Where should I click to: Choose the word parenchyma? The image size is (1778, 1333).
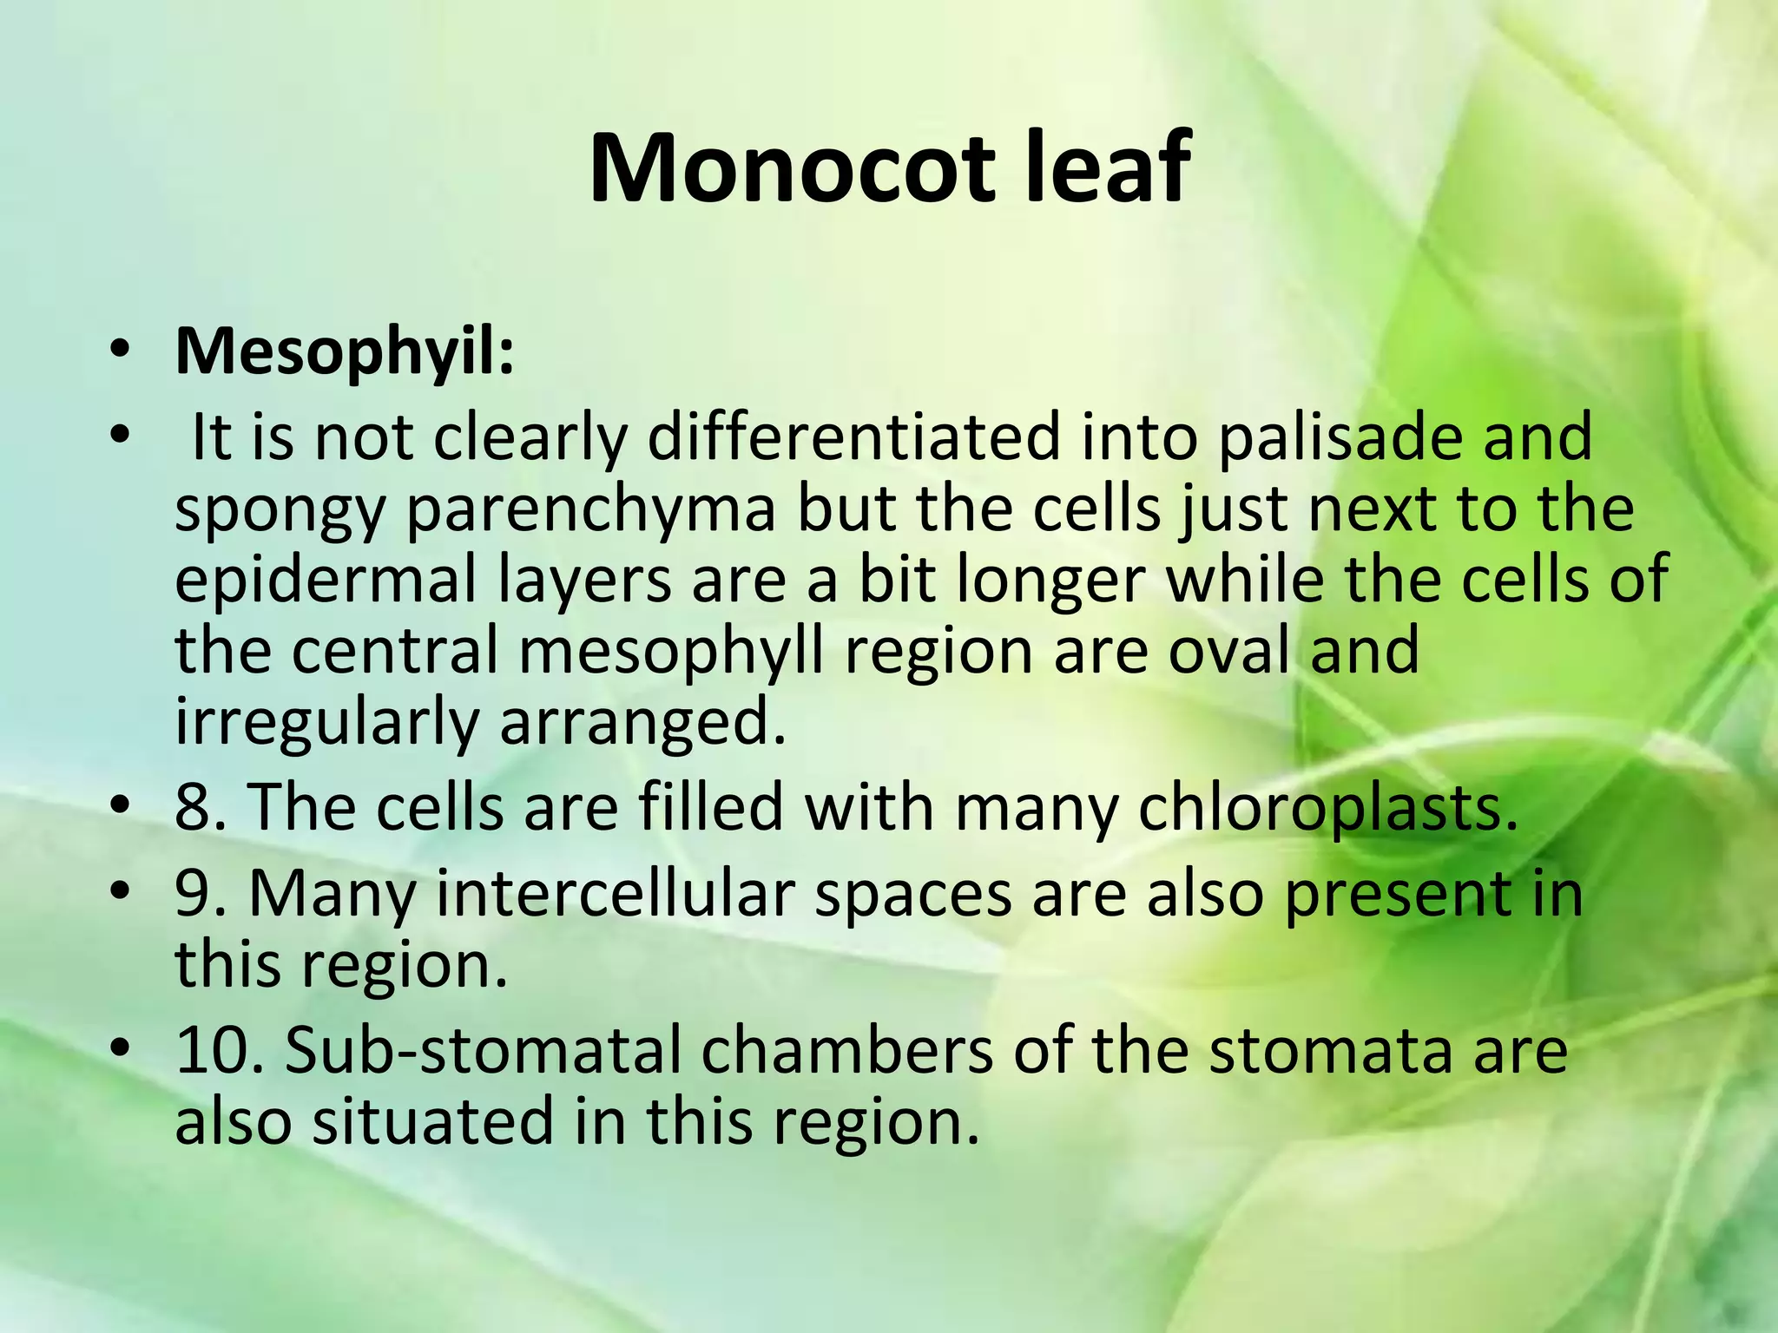coord(590,509)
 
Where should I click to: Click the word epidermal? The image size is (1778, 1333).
coord(326,581)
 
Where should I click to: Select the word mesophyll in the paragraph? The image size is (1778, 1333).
coord(671,653)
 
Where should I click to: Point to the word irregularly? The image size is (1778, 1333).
coord(326,723)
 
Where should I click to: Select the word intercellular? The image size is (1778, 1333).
coord(616,893)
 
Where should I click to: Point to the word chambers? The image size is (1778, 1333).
coord(846,1050)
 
